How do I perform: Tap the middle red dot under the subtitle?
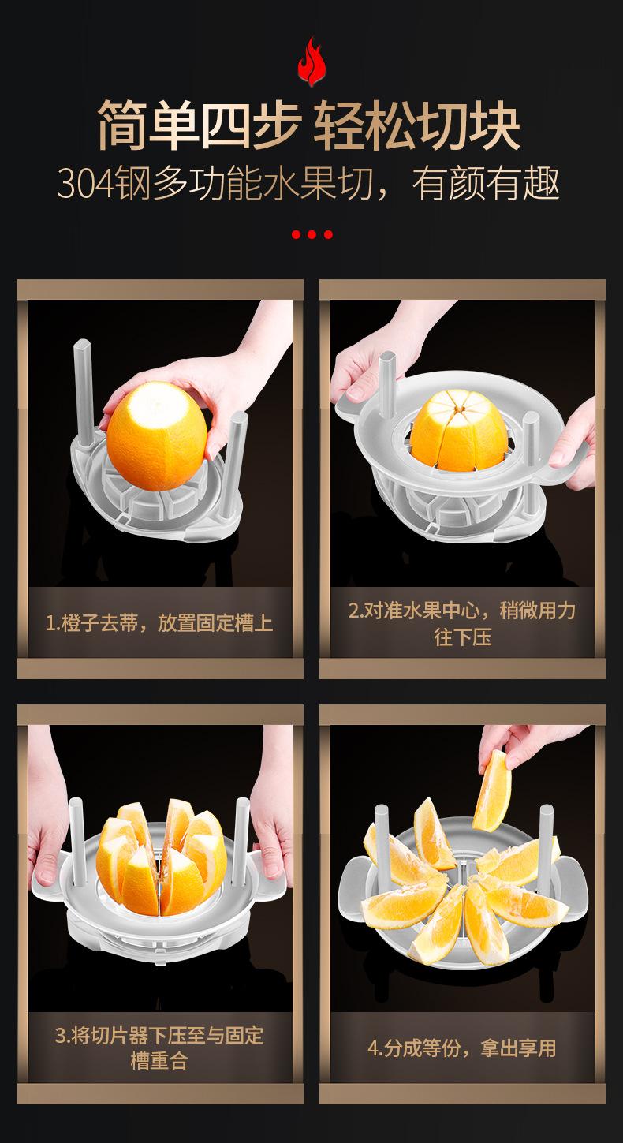coord(311,234)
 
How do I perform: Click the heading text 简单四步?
coord(199,125)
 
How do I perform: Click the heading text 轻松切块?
coord(417,125)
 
